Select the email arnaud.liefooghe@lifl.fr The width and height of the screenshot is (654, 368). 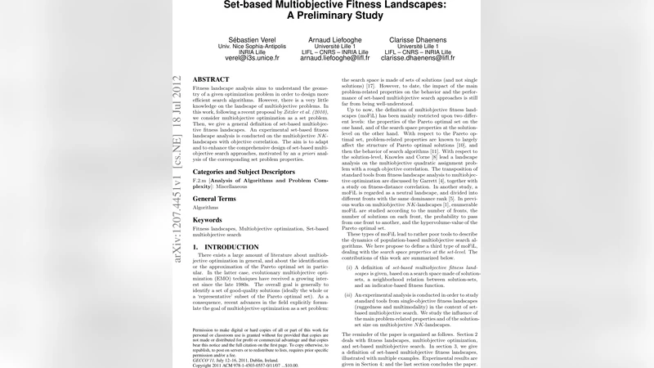coord(334,59)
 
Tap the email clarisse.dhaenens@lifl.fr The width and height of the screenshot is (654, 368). coord(418,59)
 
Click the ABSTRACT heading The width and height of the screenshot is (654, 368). coord(211,79)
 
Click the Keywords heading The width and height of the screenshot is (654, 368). coord(208,220)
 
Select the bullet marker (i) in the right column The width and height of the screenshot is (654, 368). coord(350,267)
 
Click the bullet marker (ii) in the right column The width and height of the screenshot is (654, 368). coord(350,294)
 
